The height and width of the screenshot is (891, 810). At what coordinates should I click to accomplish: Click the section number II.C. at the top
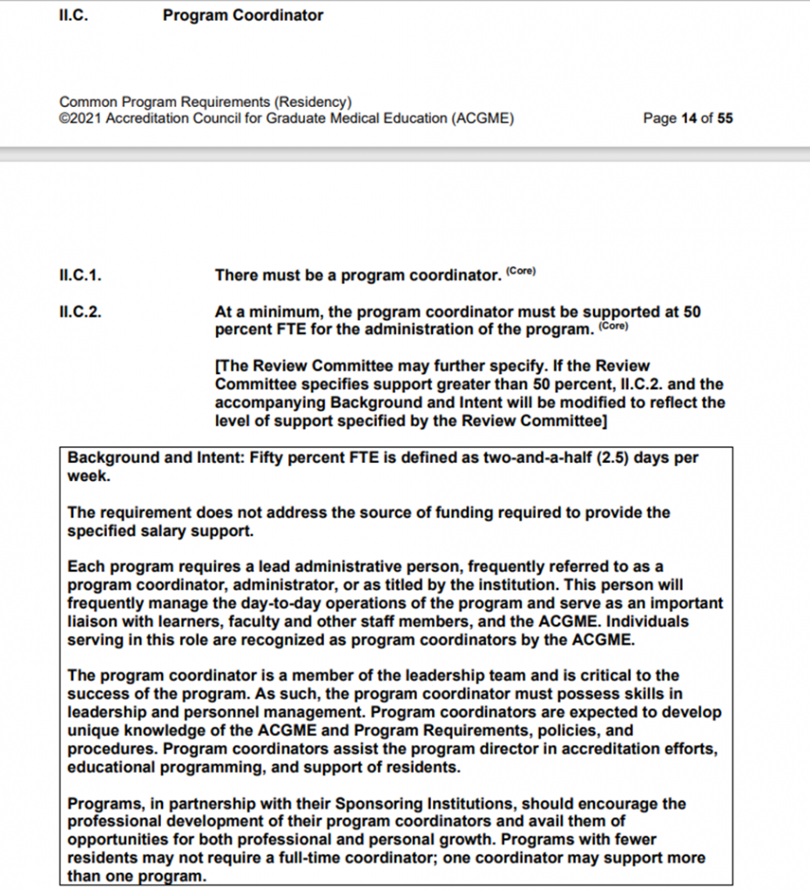coord(73,15)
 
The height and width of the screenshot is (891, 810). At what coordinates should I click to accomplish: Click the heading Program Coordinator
coord(242,15)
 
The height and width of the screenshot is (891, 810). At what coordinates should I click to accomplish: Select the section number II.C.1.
coord(80,276)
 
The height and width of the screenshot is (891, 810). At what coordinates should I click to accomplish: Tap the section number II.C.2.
coord(80,312)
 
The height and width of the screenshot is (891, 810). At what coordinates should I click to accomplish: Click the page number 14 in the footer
coord(689,118)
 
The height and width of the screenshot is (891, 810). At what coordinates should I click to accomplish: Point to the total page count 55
coord(725,118)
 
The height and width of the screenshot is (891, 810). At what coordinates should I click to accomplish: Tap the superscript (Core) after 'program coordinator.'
coord(521,271)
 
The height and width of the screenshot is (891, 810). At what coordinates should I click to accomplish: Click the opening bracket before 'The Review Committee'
coord(217,366)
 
